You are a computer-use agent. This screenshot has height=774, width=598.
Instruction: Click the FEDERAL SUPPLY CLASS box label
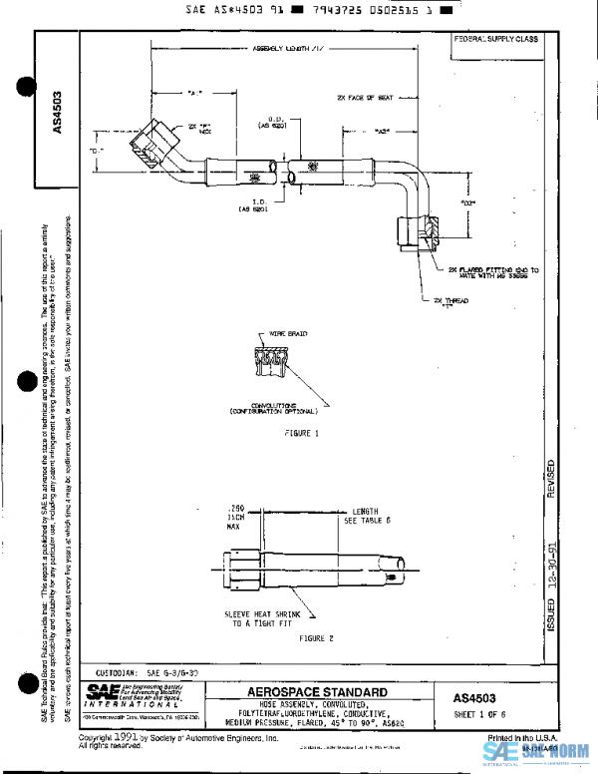495,39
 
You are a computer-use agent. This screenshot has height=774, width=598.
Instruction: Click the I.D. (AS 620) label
251,206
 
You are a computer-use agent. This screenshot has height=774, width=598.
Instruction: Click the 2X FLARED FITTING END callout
478,271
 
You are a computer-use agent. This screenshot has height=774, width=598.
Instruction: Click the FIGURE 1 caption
301,435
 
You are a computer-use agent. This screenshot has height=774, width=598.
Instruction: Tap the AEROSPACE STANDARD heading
318,691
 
